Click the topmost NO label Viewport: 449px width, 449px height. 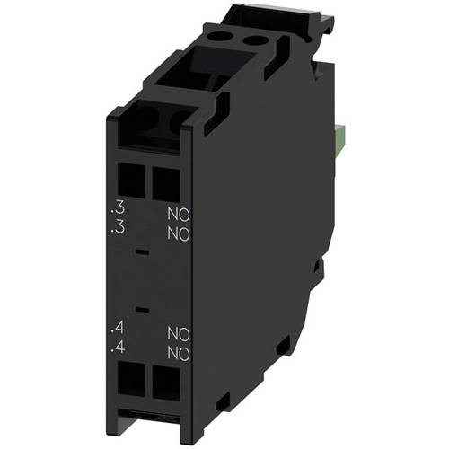coord(178,215)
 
